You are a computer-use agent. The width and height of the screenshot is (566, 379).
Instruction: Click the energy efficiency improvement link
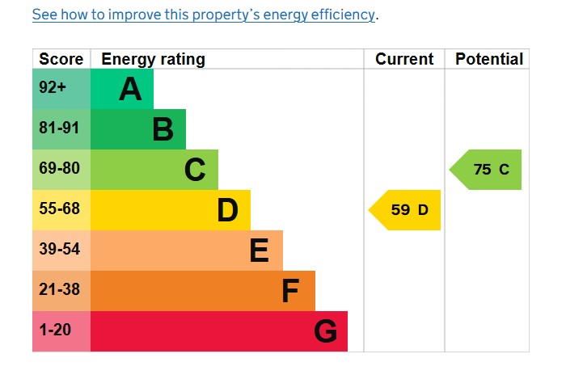pyautogui.click(x=205, y=15)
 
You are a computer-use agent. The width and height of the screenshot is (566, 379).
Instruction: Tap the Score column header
pyautogui.click(x=61, y=59)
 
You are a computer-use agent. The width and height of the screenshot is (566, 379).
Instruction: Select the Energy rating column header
pyautogui.click(x=153, y=59)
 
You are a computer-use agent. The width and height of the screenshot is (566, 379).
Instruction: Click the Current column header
pyautogui.click(x=404, y=59)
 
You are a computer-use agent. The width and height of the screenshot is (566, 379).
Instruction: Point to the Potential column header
pyautogui.click(x=489, y=59)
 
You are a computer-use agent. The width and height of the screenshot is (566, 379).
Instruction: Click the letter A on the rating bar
pyautogui.click(x=130, y=90)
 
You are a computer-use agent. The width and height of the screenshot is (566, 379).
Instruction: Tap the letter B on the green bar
pyautogui.click(x=163, y=130)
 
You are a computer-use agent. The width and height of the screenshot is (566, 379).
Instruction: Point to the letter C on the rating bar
pyautogui.click(x=195, y=171)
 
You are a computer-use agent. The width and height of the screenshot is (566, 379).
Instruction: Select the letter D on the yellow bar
pyautogui.click(x=227, y=211)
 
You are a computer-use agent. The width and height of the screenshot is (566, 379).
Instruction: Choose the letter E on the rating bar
pyautogui.click(x=259, y=251)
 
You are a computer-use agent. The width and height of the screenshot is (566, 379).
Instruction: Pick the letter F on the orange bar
pyautogui.click(x=290, y=292)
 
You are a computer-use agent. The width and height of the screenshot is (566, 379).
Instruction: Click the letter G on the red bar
pyautogui.click(x=325, y=332)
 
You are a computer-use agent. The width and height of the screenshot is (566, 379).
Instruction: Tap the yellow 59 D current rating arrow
pyautogui.click(x=406, y=210)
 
